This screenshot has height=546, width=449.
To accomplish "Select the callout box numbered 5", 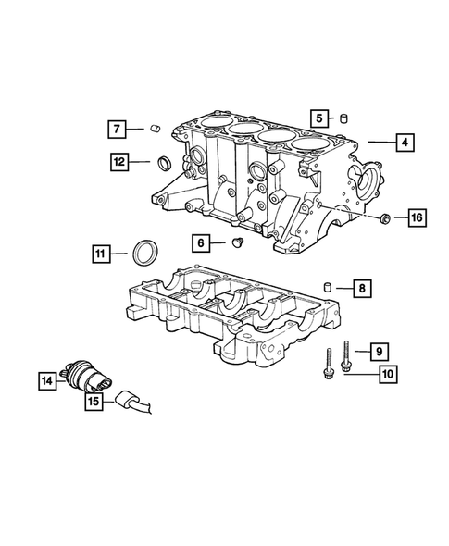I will pyautogui.click(x=318, y=118).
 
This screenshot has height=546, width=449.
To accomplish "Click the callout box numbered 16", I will pyautogui.click(x=415, y=217).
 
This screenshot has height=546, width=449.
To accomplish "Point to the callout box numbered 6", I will pyautogui.click(x=201, y=242).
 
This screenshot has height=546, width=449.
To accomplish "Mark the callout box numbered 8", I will pyautogui.click(x=362, y=289).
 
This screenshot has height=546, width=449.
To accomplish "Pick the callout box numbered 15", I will pyautogui.click(x=94, y=401).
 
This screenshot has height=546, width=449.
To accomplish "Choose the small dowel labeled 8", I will pyautogui.click(x=327, y=286).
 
